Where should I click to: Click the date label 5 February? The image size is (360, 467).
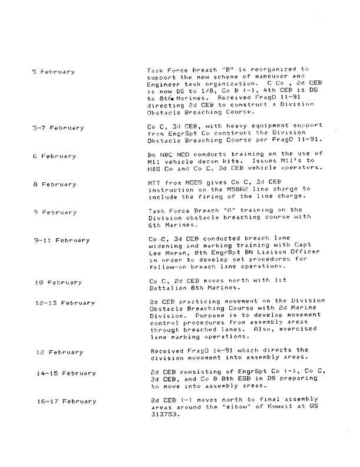tap(53, 73)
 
